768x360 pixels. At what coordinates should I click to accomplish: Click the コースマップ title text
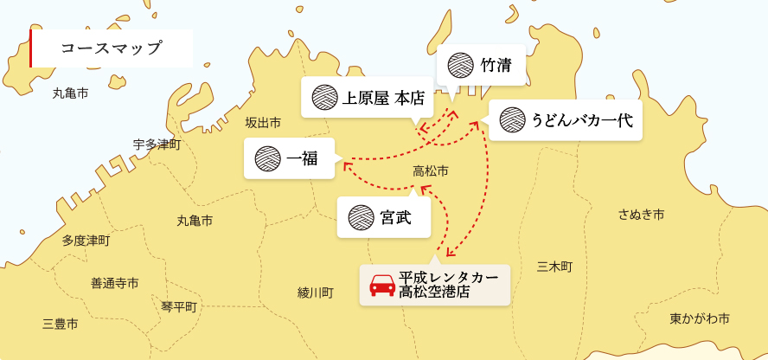pos(112,48)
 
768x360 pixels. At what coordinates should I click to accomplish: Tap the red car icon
pos(382,285)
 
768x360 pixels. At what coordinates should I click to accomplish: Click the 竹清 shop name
pos(495,65)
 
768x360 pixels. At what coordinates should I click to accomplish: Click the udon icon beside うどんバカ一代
pos(513,120)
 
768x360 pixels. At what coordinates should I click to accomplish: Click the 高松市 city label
pos(431,171)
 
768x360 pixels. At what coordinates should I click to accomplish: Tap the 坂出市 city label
pos(263,122)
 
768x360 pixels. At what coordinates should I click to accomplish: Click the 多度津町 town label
pos(86,241)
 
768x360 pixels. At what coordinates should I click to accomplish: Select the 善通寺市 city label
pos(114,283)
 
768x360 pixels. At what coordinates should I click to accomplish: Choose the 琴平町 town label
pos(179,307)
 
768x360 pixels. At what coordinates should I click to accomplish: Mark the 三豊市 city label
pos(61,325)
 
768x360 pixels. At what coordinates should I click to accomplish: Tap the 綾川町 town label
pos(315,292)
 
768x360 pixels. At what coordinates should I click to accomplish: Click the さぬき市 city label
pos(641,214)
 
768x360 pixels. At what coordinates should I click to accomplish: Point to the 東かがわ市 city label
pos(699,318)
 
